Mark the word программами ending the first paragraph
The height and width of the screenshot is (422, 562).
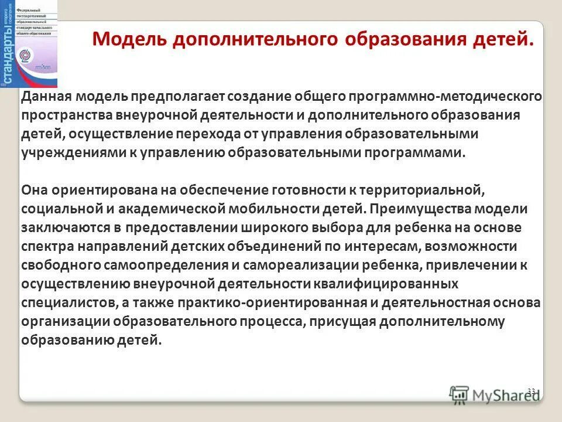point(412,153)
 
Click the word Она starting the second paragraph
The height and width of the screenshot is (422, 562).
point(35,190)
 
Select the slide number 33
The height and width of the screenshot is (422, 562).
point(532,391)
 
